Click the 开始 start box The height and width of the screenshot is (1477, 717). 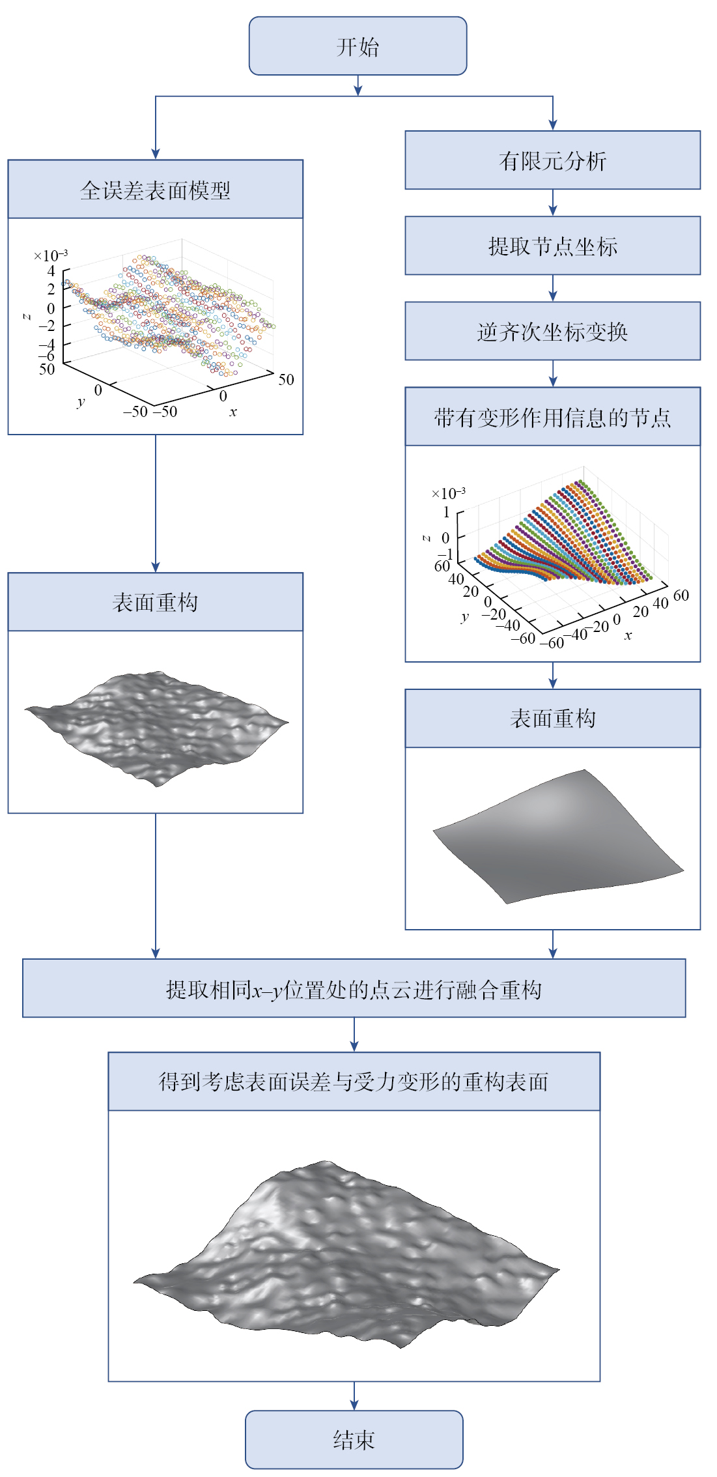pos(358,46)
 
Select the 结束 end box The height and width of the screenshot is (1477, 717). pos(354,1439)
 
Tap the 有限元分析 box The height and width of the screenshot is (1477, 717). pos(552,160)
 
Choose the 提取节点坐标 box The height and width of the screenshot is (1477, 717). pos(552,246)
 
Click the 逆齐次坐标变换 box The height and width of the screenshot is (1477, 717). pos(552,331)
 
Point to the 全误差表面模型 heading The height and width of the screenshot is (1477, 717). pos(155,190)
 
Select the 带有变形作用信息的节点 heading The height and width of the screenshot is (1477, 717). pos(552,417)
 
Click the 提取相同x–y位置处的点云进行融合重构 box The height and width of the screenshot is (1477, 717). pos(354,988)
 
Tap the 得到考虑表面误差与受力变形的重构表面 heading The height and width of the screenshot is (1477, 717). pos(354,1082)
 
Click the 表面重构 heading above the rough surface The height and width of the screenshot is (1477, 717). pos(155,602)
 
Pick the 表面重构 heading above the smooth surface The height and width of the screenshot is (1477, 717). pos(552,718)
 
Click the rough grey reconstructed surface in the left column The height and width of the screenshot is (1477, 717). pos(156,726)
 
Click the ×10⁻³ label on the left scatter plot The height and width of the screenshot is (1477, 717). pos(50,255)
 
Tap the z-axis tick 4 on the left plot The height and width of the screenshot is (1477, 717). pos(51,271)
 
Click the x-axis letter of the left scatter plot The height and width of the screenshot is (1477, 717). pos(233,412)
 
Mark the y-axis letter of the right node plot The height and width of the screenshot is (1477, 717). pos(464,616)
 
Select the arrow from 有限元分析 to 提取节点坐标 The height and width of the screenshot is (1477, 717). pos(552,203)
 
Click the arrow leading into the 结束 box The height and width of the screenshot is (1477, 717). pos(354,1396)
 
